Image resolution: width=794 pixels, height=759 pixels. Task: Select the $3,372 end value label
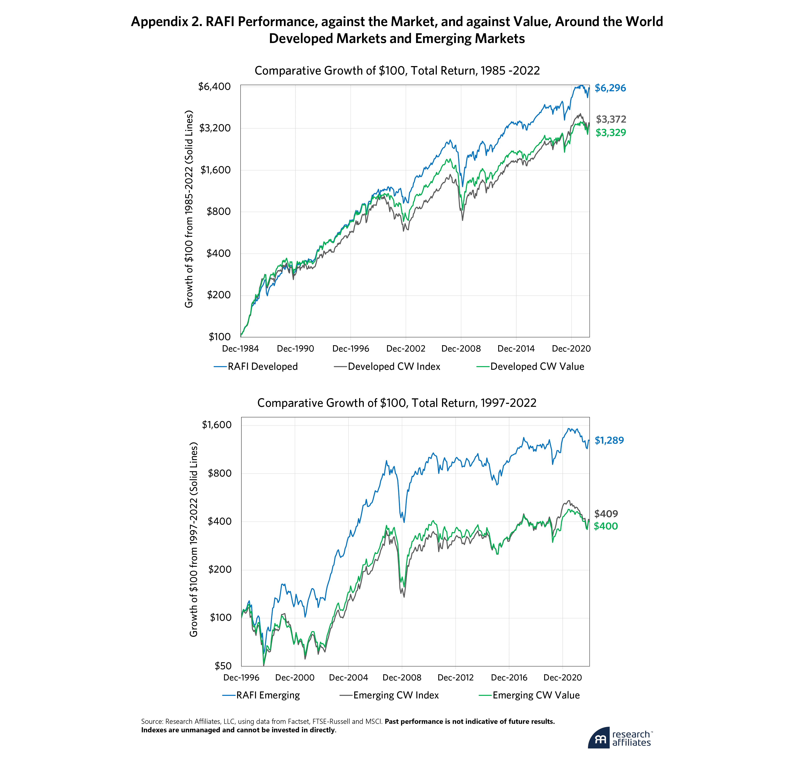tap(611, 119)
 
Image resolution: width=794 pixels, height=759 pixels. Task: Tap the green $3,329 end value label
tap(610, 133)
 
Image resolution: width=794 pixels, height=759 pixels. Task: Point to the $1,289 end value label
tap(609, 440)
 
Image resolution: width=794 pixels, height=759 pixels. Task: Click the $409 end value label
tap(606, 514)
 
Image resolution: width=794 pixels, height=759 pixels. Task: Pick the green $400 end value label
tap(606, 526)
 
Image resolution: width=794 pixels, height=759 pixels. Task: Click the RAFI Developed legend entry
tap(262, 367)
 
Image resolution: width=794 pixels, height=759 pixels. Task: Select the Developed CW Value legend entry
tap(537, 367)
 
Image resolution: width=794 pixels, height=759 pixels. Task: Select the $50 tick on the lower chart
tap(223, 666)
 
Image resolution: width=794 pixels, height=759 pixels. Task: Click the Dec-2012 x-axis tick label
tap(455, 677)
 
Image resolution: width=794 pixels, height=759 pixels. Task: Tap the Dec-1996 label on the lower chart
tap(241, 677)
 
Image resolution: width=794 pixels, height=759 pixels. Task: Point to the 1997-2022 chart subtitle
tap(396, 403)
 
